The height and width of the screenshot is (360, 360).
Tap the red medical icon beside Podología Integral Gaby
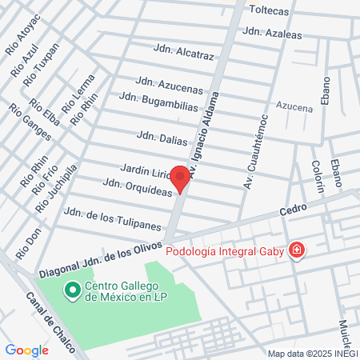[x=297, y=250]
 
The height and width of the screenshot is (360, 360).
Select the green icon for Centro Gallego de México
[x=73, y=289]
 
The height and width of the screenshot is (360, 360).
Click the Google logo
[x=26, y=350]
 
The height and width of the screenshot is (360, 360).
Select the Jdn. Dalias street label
[x=162, y=138]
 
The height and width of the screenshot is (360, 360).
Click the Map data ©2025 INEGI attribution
[x=311, y=353]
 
